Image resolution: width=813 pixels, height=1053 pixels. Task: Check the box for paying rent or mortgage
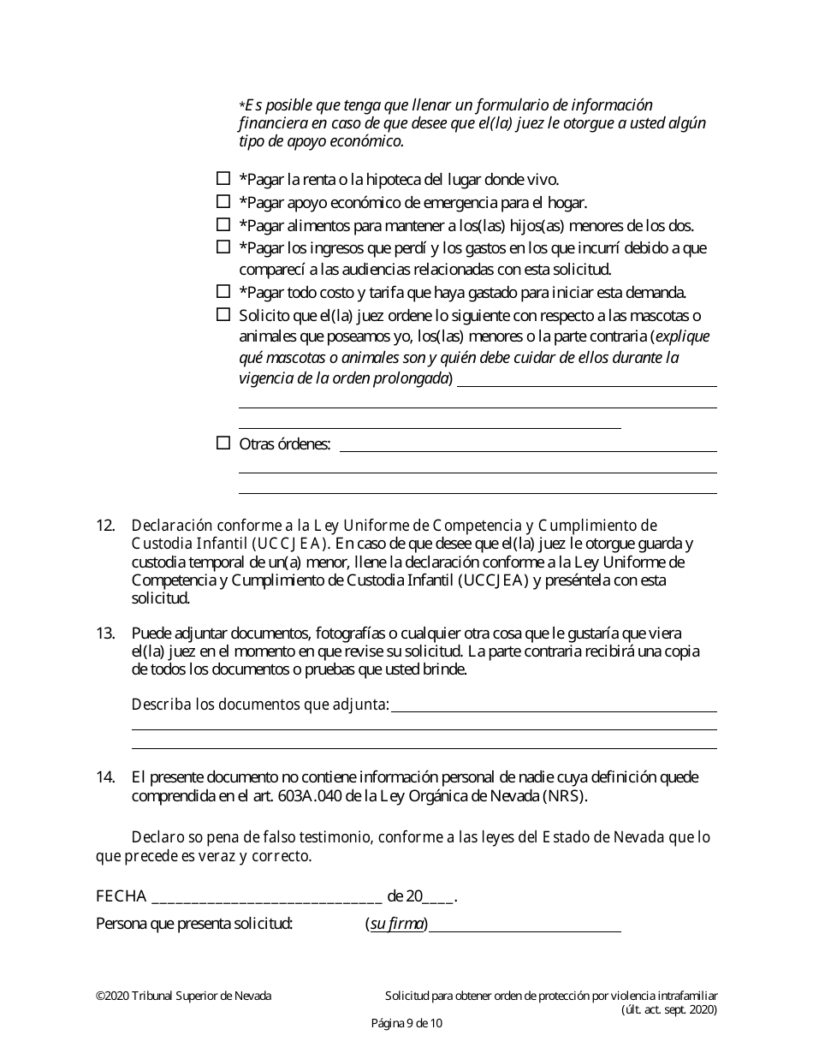tap(223, 179)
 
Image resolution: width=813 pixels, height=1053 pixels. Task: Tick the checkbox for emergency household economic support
tap(223, 202)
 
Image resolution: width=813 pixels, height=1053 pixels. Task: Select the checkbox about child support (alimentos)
tap(223, 225)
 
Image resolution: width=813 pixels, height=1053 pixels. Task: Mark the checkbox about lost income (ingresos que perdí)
tap(223, 247)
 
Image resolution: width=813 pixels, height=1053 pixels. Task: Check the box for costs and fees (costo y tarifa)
tap(223, 291)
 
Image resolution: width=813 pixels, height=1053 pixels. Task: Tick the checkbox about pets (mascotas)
tap(223, 314)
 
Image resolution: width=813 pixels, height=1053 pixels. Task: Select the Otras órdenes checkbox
tap(223, 443)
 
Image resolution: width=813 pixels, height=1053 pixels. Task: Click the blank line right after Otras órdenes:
tap(527, 445)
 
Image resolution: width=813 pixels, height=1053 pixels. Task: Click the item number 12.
tap(105, 525)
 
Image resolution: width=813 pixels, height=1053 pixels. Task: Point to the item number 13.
tap(105, 634)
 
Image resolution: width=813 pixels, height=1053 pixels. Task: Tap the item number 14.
tap(105, 777)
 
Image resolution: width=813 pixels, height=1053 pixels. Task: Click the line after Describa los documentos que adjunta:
tap(554, 705)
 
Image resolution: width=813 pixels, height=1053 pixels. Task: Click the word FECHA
tap(121, 897)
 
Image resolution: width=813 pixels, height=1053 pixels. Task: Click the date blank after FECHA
tap(266, 899)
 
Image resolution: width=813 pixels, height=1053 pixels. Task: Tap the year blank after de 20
tap(438, 899)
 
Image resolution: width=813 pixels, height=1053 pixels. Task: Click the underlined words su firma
tap(397, 924)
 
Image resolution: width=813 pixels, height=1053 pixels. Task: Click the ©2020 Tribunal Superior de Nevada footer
tap(183, 996)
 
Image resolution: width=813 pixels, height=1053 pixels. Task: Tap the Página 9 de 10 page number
tap(406, 1023)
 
